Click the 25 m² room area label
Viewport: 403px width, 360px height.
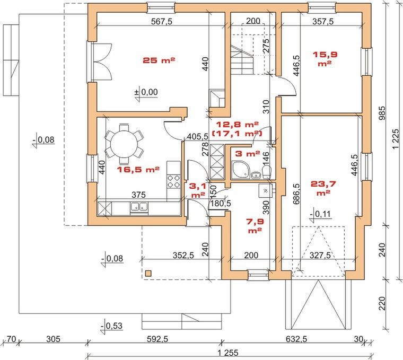coord(159,60)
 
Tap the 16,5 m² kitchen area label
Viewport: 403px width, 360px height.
coord(138,169)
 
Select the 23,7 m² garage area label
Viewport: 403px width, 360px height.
coord(323,188)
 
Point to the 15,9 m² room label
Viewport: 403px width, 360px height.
coord(325,59)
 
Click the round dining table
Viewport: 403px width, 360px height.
coord(125,144)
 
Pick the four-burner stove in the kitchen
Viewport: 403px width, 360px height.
coord(173,181)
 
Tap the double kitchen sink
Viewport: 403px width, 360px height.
coord(139,206)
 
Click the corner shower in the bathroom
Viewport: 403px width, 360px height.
coord(240,170)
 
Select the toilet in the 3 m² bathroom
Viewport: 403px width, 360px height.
coord(267,171)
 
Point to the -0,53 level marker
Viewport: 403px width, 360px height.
coord(111,326)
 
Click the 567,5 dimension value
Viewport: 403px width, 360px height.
coord(161,21)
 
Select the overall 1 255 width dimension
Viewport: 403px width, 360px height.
coord(227,353)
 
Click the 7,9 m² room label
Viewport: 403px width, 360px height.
coord(255,225)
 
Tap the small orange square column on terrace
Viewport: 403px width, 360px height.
coord(148,274)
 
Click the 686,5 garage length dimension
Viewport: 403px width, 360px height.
coord(296,194)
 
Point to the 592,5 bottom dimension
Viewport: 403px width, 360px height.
coord(157,339)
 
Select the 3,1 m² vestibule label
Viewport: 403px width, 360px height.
coord(198,190)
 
